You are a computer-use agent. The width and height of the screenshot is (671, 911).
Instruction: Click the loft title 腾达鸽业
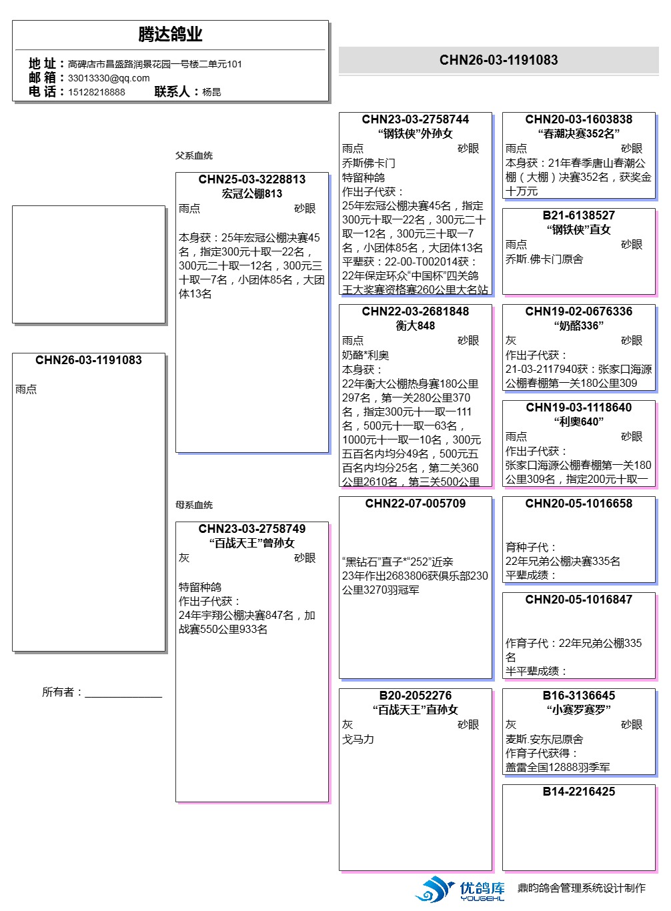(x=170, y=35)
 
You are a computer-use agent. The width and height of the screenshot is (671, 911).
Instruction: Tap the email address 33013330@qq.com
(x=109, y=78)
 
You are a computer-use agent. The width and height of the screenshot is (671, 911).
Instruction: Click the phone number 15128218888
(x=96, y=92)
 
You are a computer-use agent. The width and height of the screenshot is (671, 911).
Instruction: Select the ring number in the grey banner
(x=498, y=60)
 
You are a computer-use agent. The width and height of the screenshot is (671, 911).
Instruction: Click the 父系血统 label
(x=194, y=155)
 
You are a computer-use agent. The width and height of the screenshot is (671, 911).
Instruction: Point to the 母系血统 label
(x=194, y=505)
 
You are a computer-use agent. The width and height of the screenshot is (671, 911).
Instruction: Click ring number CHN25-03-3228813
(x=252, y=179)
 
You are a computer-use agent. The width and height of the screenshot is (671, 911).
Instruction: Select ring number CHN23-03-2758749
(x=252, y=529)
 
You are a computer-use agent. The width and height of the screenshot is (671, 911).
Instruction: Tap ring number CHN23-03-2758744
(x=416, y=119)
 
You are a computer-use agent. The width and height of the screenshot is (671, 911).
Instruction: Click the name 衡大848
(x=416, y=325)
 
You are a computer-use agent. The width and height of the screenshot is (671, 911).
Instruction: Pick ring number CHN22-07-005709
(x=416, y=504)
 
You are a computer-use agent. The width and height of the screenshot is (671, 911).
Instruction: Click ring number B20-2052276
(x=416, y=696)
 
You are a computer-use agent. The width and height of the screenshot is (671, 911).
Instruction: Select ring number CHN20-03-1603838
(x=579, y=119)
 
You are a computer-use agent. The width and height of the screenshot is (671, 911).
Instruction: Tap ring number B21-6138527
(x=579, y=215)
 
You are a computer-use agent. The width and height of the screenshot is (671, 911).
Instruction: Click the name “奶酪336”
(x=579, y=325)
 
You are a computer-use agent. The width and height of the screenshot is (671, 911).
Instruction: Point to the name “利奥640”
(x=579, y=421)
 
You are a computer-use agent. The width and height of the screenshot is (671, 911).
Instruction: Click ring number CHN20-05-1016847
(x=579, y=600)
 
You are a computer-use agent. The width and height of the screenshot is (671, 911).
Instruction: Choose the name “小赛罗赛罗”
(x=579, y=710)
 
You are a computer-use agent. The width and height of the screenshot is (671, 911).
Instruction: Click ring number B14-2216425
(x=579, y=792)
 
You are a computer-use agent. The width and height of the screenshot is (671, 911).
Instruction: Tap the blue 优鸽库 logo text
(x=482, y=888)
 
